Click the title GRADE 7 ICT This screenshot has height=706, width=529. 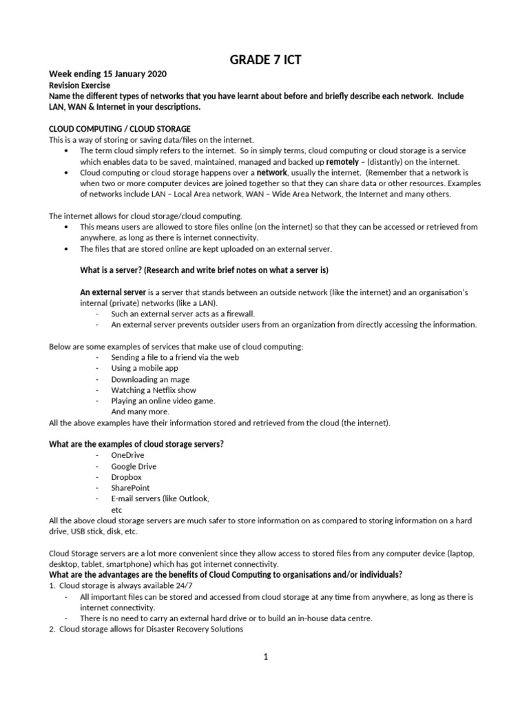click(x=264, y=61)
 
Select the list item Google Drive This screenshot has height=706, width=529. click(x=134, y=466)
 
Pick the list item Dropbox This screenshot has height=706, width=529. click(x=126, y=476)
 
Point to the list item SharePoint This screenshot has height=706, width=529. click(x=130, y=487)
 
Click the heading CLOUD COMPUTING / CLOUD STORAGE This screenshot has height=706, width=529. click(x=120, y=129)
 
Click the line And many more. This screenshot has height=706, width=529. click(x=140, y=412)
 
